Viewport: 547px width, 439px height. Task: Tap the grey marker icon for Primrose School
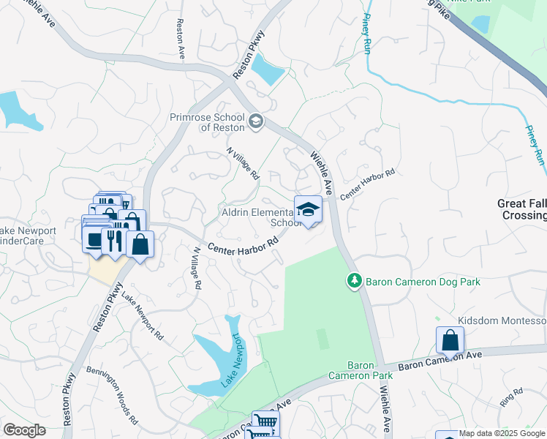(255, 121)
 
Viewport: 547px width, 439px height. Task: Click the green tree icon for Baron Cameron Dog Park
(354, 280)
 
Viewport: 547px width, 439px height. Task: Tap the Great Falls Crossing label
(521, 209)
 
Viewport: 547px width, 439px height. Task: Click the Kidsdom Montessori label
(502, 321)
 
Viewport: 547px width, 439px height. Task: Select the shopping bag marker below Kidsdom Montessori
(450, 340)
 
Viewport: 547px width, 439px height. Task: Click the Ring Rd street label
(511, 397)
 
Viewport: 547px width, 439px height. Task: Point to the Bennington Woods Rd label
(111, 396)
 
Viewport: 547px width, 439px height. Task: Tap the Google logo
(24, 430)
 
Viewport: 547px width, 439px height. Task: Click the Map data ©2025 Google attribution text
(500, 434)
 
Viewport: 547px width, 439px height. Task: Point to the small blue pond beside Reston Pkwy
(268, 70)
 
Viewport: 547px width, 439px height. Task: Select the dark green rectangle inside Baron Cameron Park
(322, 338)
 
